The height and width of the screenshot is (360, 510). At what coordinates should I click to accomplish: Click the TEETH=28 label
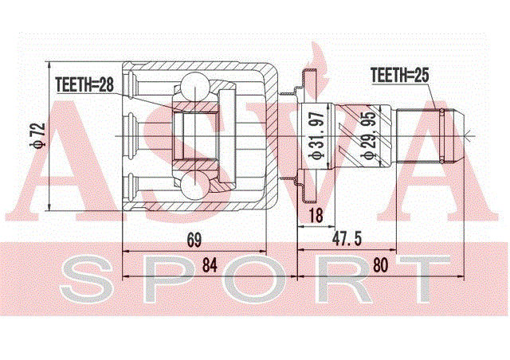[84, 82]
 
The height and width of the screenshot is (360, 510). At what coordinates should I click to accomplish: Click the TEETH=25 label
[400, 76]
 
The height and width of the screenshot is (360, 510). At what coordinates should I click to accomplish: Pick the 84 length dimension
[209, 265]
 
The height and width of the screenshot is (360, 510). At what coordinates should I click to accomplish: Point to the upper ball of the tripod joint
[194, 85]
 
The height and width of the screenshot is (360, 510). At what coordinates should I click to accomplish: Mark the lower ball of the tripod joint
[194, 186]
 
